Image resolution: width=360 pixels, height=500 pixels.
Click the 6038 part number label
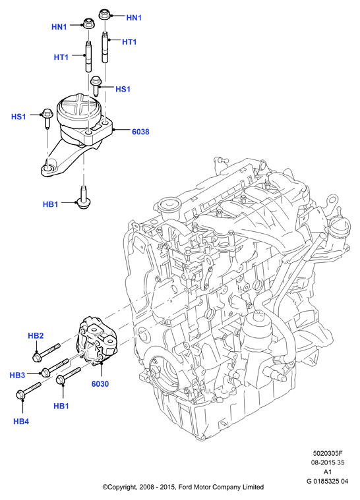(x=140, y=131)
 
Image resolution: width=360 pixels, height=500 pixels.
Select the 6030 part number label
(x=100, y=384)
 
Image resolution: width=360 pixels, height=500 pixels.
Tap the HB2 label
(x=36, y=335)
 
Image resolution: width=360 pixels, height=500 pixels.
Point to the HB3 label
(x=17, y=375)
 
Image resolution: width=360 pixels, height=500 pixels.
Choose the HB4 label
(x=21, y=422)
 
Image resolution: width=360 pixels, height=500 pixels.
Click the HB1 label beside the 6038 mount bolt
(x=50, y=204)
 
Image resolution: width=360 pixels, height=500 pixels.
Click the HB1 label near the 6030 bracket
(x=61, y=406)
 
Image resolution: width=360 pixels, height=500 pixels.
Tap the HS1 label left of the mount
(x=18, y=117)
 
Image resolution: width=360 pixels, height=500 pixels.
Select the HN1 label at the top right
(x=134, y=18)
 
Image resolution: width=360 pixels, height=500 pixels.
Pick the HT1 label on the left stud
(x=61, y=57)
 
